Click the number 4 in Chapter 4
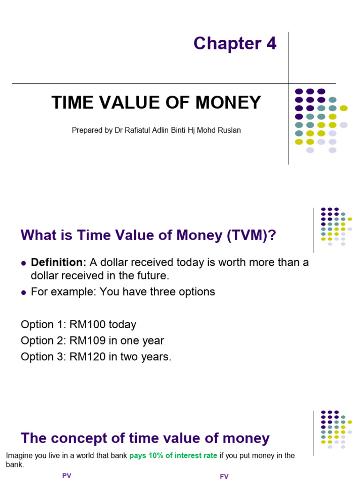tap(271, 44)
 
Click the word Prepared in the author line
tap(86, 130)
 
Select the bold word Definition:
tap(59, 262)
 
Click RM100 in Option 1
tap(86, 324)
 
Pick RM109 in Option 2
tap(86, 341)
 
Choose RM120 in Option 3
tap(86, 357)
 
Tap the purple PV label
tap(67, 476)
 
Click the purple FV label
tap(224, 477)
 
